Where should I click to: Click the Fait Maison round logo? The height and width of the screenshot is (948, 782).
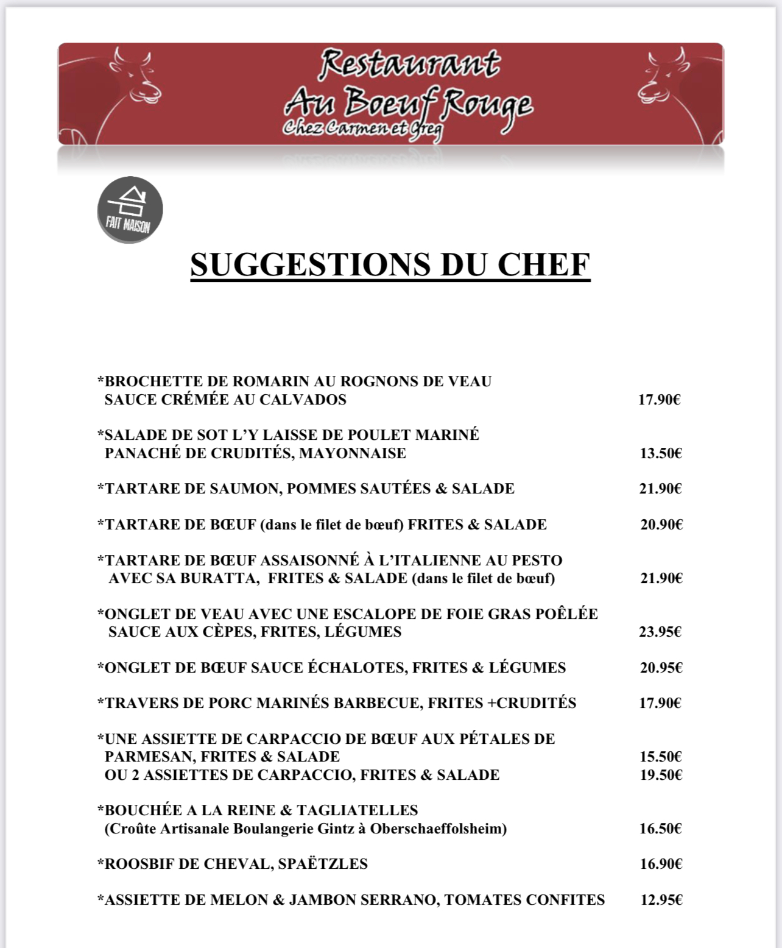[130, 210]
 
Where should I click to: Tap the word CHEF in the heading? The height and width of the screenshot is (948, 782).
[543, 264]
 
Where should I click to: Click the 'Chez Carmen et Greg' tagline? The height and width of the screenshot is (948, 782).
[362, 129]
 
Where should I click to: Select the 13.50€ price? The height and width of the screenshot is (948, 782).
[660, 453]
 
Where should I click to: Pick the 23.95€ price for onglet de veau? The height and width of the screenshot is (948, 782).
[660, 632]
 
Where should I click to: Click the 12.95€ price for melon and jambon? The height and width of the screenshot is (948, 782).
[661, 900]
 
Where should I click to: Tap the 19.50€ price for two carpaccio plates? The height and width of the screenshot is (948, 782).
[660, 775]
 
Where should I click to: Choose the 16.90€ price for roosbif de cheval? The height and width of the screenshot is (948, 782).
[660, 864]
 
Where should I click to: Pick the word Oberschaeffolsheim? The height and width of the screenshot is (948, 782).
[438, 829]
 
